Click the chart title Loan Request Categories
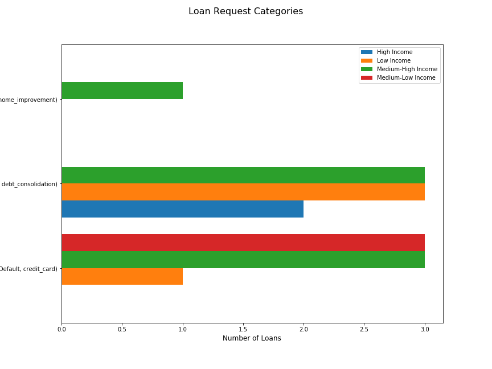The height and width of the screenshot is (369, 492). click(245, 11)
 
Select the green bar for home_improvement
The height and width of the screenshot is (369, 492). click(122, 91)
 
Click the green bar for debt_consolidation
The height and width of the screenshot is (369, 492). click(243, 175)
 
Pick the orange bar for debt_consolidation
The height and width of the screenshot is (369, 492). click(243, 192)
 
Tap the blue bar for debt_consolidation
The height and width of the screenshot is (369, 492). click(182, 209)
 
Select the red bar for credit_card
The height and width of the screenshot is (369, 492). click(243, 243)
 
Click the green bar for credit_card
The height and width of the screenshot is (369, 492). click(243, 260)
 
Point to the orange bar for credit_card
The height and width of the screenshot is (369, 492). click(122, 276)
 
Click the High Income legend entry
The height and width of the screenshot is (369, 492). click(394, 52)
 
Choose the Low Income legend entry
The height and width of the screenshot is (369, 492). click(393, 61)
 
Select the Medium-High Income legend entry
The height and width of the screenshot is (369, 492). click(407, 69)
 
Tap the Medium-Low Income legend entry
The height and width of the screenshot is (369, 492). click(405, 78)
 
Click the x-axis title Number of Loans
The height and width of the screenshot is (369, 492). click(252, 338)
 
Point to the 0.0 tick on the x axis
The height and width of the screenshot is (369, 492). click(61, 329)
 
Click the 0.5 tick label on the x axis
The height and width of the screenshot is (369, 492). click(122, 329)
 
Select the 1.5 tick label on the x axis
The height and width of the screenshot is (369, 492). click(243, 329)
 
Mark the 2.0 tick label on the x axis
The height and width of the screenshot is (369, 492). click(304, 329)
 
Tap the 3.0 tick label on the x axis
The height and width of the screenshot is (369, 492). click(425, 329)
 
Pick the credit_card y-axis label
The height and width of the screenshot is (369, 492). click(28, 269)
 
